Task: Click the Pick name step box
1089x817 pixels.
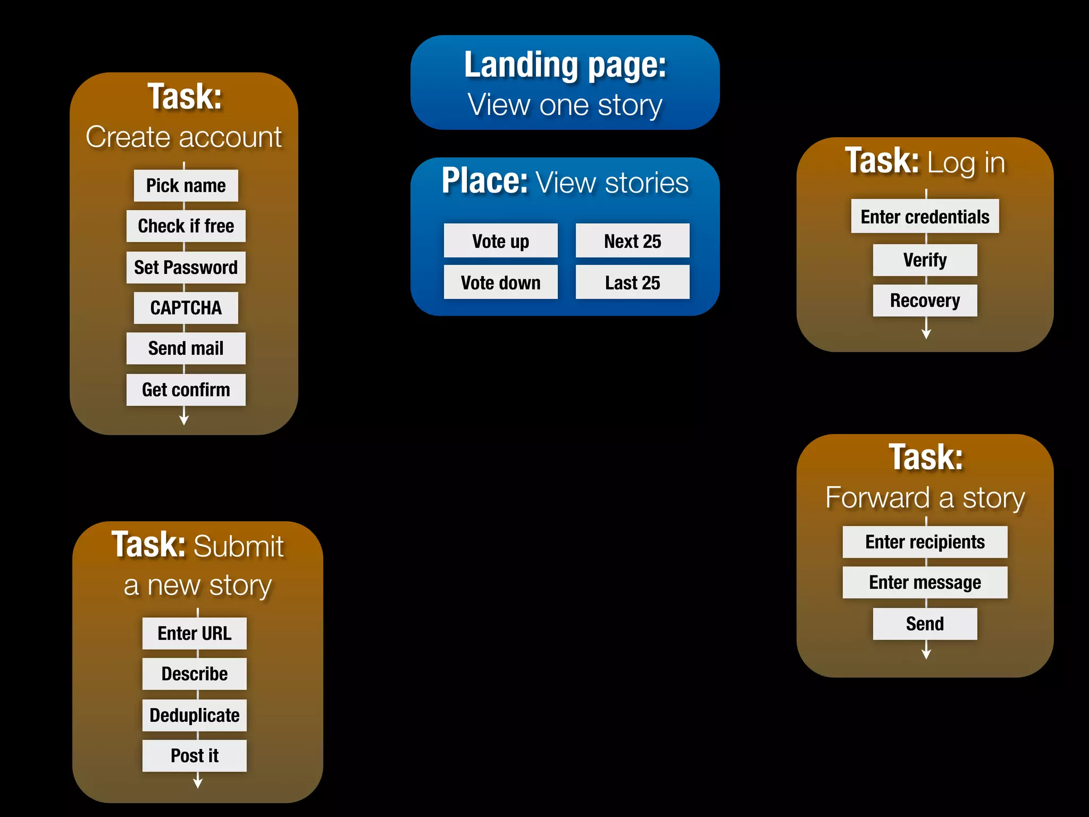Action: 186,186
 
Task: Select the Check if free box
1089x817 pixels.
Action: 186,226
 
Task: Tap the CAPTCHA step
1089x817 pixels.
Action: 186,308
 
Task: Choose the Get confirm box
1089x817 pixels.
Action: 186,390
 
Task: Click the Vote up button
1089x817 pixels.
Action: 500,241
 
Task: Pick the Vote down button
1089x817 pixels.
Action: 500,282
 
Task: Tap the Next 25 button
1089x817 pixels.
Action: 632,241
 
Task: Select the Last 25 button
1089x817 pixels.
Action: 632,282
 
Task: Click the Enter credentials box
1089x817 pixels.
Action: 925,216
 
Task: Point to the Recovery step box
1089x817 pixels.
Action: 925,301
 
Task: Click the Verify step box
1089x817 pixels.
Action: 925,260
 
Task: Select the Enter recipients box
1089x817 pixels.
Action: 925,542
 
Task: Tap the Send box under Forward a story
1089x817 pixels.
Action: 925,624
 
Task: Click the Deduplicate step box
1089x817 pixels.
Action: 194,715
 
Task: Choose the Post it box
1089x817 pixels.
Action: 194,756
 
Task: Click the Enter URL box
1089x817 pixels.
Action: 194,633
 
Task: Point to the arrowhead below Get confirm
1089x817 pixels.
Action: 184,420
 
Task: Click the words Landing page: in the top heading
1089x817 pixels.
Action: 565,65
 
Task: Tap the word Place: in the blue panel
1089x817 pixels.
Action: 484,181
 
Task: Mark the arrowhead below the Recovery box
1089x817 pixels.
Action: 926,334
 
